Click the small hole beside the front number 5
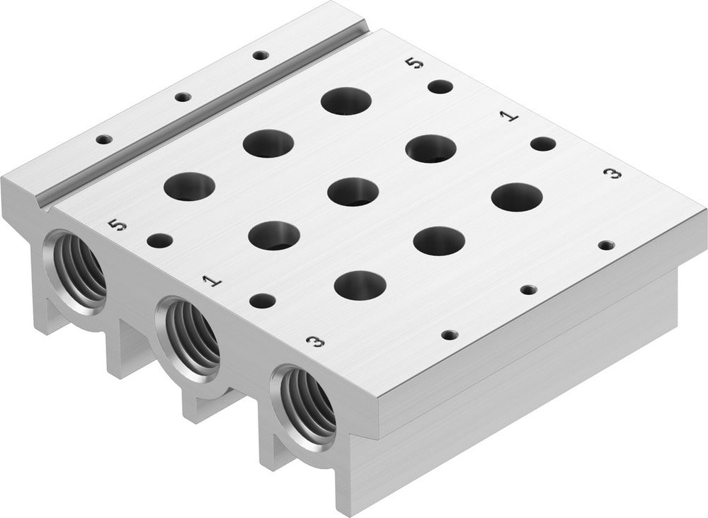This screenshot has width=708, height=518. pyautogui.click(x=159, y=241)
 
